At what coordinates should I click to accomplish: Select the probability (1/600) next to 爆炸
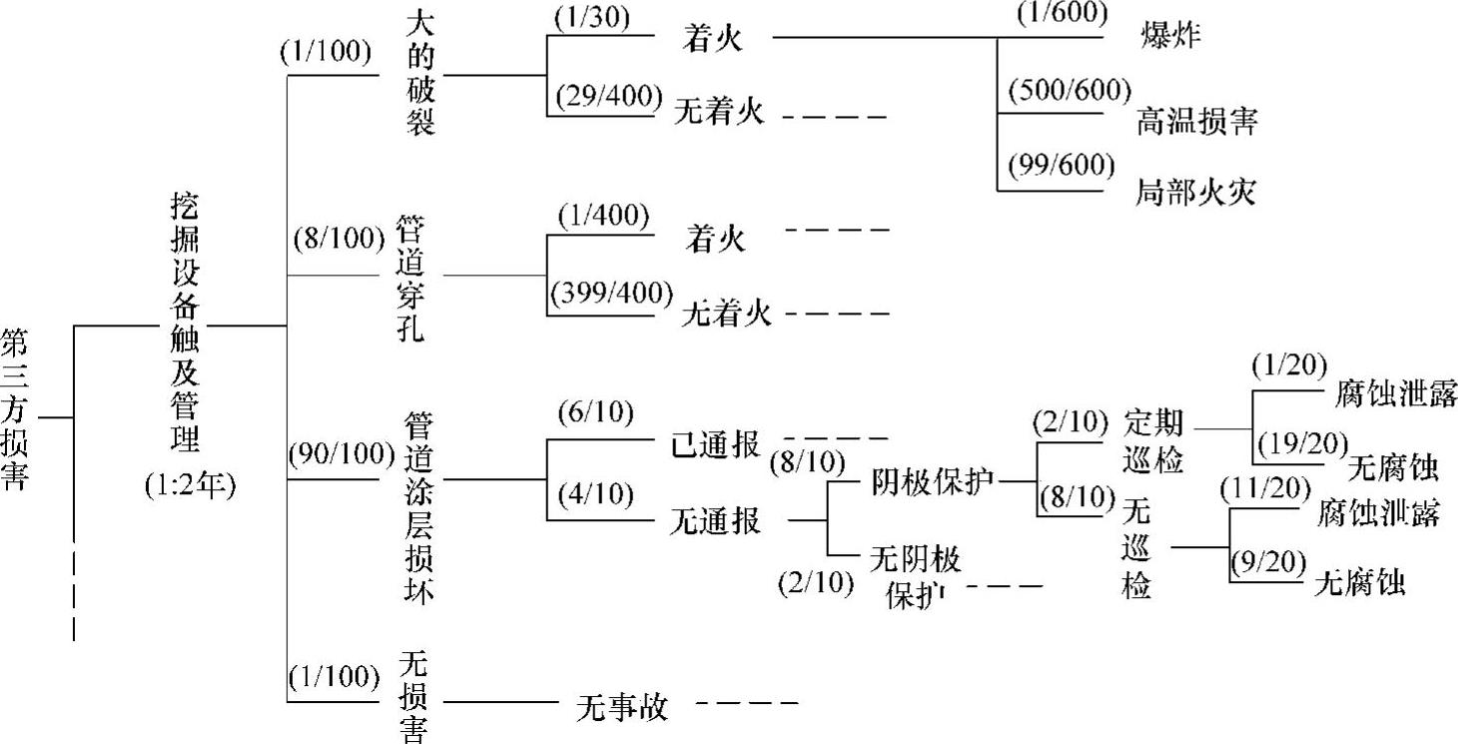(x=1062, y=14)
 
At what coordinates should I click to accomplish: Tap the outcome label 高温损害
(x=1196, y=121)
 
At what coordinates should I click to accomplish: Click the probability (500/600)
(x=1070, y=91)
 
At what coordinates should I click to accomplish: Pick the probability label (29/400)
(x=606, y=96)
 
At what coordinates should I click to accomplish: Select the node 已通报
(x=715, y=444)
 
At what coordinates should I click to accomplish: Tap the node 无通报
(x=716, y=520)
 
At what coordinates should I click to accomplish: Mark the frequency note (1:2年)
(x=189, y=487)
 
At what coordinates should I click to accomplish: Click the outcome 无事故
(x=621, y=708)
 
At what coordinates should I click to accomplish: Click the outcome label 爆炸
(x=1169, y=35)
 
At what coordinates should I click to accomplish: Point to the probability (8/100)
(x=339, y=240)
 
